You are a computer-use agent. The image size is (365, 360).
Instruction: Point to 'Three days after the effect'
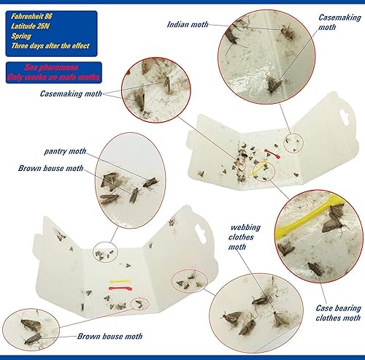[x=50, y=47]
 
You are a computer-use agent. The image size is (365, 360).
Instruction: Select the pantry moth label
[x=65, y=151]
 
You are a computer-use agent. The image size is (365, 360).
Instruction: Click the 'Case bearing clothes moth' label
[x=337, y=313]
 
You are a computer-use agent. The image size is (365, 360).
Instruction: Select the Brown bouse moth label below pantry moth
[x=50, y=168]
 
